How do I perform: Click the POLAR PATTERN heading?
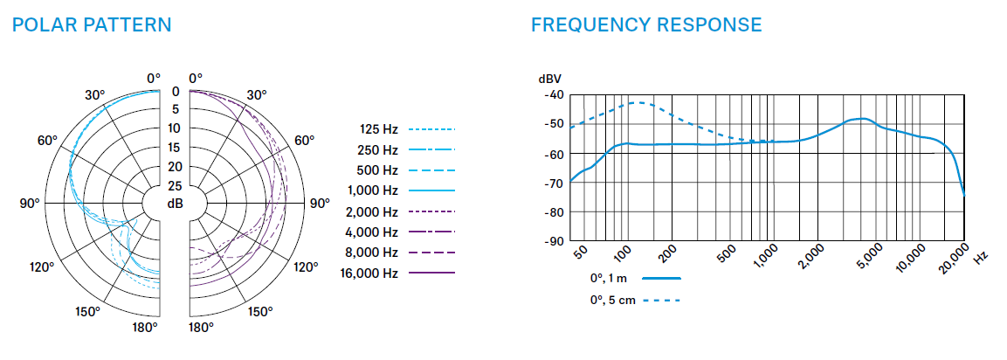[x=92, y=24]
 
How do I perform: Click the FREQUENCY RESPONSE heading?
[x=646, y=24]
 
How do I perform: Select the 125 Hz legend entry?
[x=379, y=129]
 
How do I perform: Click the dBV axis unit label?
[x=550, y=79]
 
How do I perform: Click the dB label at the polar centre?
[x=175, y=204]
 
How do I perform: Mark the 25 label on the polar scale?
[x=175, y=186]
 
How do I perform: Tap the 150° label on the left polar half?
[x=87, y=311]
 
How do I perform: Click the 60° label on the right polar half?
[x=304, y=140]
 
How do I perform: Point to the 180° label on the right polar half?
[x=202, y=328]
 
